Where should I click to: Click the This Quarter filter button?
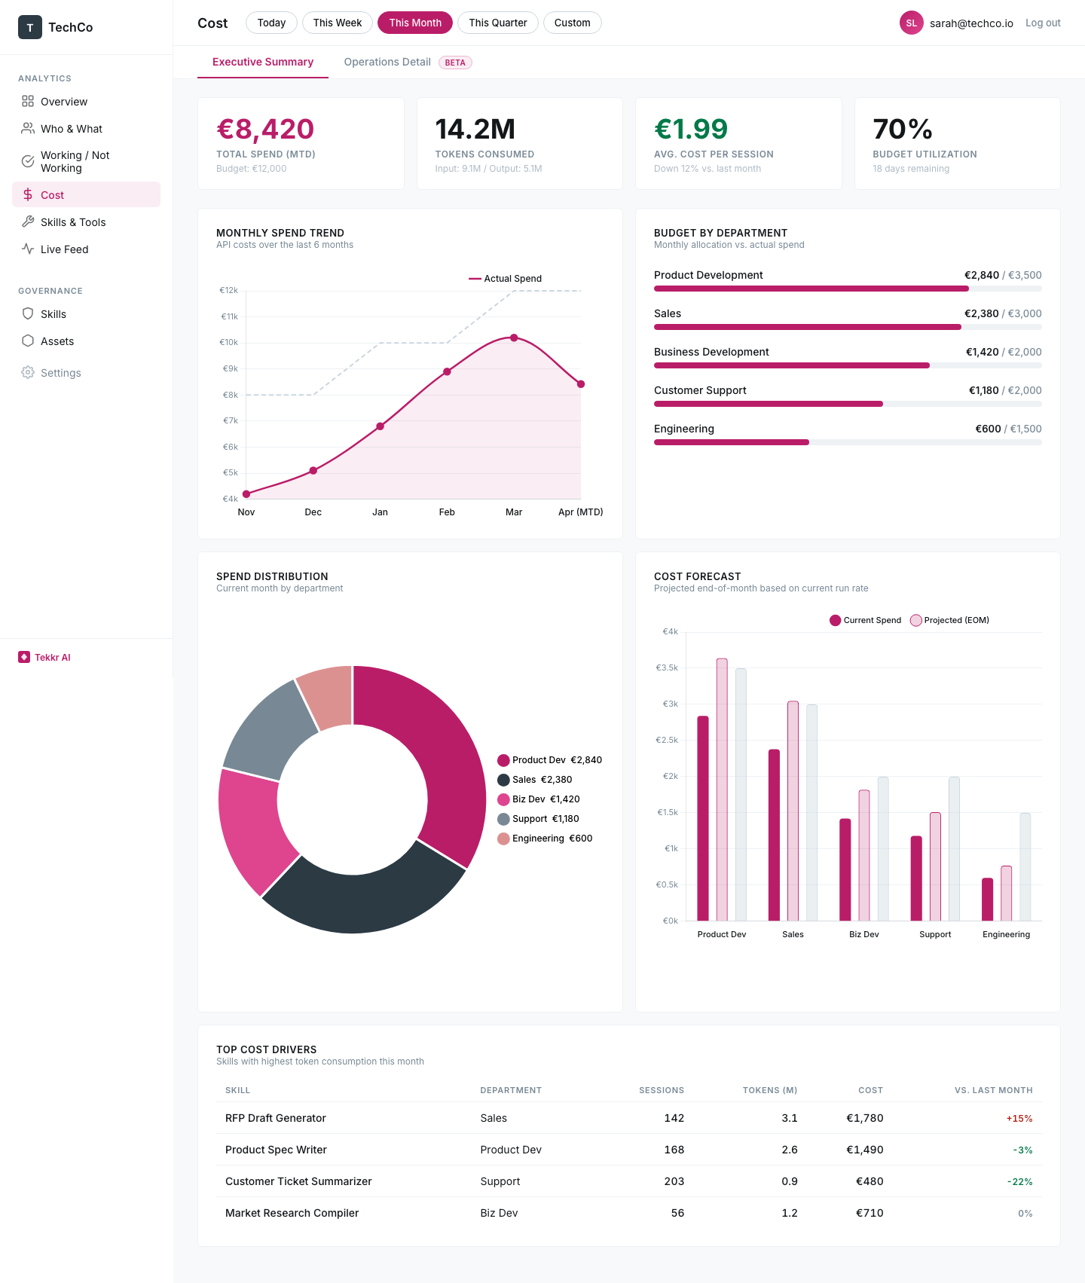[x=497, y=23]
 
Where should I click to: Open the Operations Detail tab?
[x=387, y=62]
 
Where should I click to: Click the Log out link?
[x=1042, y=23]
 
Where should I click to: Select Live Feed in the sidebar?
[x=64, y=249]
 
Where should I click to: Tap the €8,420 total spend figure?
[x=265, y=130]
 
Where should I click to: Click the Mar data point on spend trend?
[x=514, y=338]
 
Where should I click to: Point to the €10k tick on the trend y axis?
[x=229, y=342]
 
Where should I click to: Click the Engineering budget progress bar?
[x=847, y=442]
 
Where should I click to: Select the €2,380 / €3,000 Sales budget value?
[x=1002, y=313]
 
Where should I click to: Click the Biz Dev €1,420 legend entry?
[x=539, y=799]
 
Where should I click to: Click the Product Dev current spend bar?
[x=703, y=817]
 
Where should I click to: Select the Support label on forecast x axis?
[x=935, y=934]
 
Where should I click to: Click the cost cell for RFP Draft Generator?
[x=864, y=1118]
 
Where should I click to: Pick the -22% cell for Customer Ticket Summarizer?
[x=1019, y=1181]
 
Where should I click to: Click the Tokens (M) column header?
[x=769, y=1090]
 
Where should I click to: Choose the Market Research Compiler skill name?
[x=292, y=1213]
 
